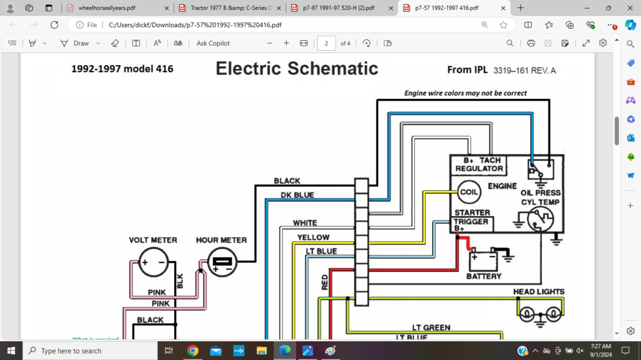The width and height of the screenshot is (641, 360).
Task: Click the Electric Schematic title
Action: pos(297,68)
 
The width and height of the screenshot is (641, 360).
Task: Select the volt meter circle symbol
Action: pos(153,262)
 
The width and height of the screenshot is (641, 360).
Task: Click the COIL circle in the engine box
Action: pos(468,192)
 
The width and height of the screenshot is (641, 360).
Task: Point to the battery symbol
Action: pos(484,257)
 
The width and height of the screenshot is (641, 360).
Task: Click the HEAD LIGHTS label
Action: pos(538,292)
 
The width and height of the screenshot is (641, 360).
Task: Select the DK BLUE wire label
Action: pos(297,195)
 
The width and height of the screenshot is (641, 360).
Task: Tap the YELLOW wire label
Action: pos(313,237)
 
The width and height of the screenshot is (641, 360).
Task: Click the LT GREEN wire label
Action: pos(431,327)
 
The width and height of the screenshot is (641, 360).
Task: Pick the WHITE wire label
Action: pos(305,223)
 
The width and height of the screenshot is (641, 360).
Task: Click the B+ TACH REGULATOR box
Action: pos(479,165)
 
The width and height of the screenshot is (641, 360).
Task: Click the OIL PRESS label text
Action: pos(540,193)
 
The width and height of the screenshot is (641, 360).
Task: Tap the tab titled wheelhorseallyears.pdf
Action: pos(106,8)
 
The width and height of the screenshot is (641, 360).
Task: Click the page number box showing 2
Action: pos(326,43)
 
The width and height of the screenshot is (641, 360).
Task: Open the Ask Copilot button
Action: pos(213,43)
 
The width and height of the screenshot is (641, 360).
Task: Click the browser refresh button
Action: pos(54,25)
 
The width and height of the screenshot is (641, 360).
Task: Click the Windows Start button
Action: pos(11,351)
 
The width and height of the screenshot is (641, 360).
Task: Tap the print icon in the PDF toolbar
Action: pos(531,43)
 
